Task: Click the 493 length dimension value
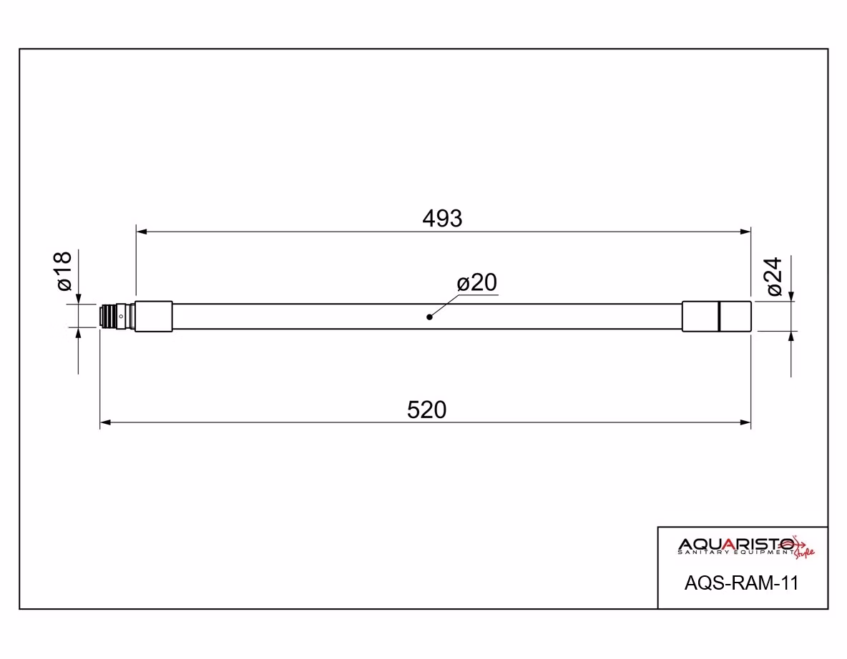tap(442, 219)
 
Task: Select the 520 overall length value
tap(427, 410)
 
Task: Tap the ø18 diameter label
tap(64, 272)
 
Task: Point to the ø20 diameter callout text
tap(477, 282)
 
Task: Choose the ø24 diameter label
tap(774, 277)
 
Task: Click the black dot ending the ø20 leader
tap(429, 317)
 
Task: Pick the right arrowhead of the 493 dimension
tap(745, 232)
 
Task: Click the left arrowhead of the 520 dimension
tap(106, 422)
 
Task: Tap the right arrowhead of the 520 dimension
tap(745, 422)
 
